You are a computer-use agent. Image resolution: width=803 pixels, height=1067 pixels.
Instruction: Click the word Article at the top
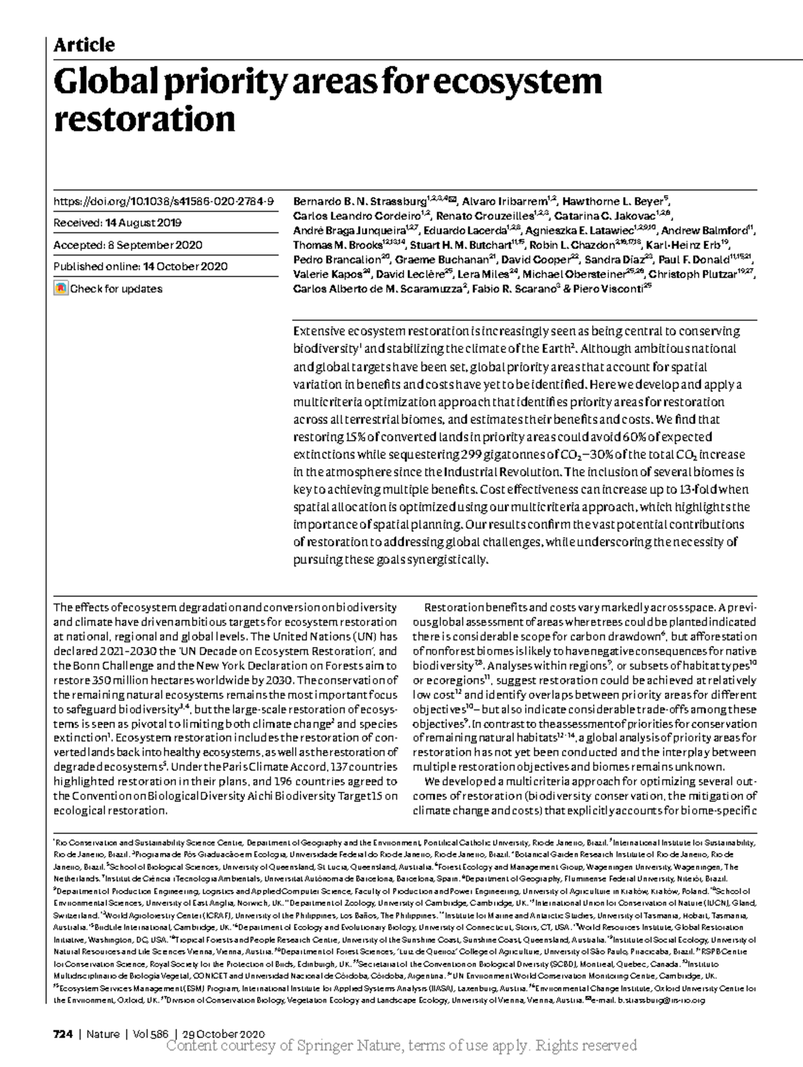(x=84, y=45)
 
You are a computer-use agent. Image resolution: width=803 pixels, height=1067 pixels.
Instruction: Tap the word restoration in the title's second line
(x=144, y=120)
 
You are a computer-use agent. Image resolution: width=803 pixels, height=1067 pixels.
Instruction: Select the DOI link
(x=163, y=201)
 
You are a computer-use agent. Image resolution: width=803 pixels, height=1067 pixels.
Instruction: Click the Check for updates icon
(x=60, y=289)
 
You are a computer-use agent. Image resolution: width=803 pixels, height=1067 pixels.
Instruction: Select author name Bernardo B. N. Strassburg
(x=359, y=201)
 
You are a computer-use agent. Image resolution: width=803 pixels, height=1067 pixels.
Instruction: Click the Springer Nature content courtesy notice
(x=401, y=1046)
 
